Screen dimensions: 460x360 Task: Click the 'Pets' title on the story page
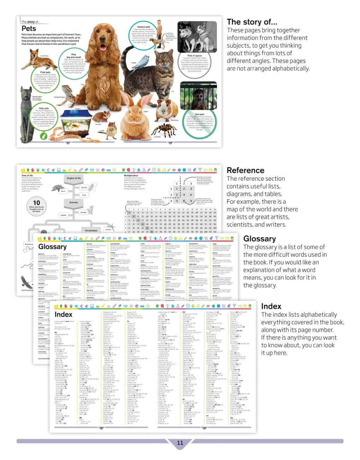pyautogui.click(x=29, y=29)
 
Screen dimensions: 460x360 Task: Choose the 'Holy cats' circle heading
pyautogui.click(x=44, y=108)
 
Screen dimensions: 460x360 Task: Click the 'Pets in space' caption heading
pyautogui.click(x=194, y=56)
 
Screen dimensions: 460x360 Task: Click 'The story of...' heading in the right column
pyautogui.click(x=252, y=22)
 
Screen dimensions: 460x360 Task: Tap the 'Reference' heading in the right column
pyautogui.click(x=245, y=171)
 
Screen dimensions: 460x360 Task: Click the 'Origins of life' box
pyautogui.click(x=74, y=178)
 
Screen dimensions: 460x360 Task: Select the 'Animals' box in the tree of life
pyautogui.click(x=74, y=202)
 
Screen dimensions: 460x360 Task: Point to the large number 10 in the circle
pyautogui.click(x=37, y=203)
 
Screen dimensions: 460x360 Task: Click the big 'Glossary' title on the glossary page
pyautogui.click(x=52, y=247)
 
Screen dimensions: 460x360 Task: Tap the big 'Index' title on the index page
pyautogui.click(x=64, y=315)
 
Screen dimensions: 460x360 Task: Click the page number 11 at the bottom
pyautogui.click(x=180, y=443)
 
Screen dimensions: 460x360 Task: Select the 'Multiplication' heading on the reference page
pyautogui.click(x=131, y=175)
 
